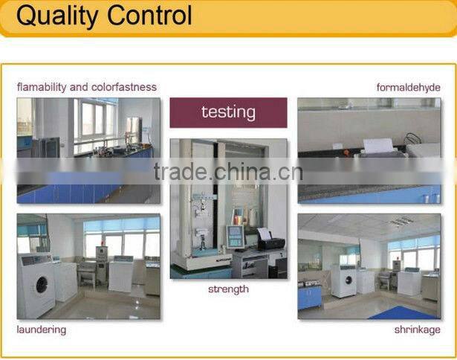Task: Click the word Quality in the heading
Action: [x=55, y=16]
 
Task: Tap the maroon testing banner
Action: [x=228, y=112]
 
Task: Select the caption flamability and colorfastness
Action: [x=87, y=87]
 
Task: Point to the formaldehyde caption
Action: [x=408, y=87]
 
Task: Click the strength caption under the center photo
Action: [x=228, y=289]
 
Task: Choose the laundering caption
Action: [x=42, y=329]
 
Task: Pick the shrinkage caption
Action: [x=418, y=329]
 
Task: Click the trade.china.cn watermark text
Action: [x=228, y=172]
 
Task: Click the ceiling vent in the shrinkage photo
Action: [x=401, y=222]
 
